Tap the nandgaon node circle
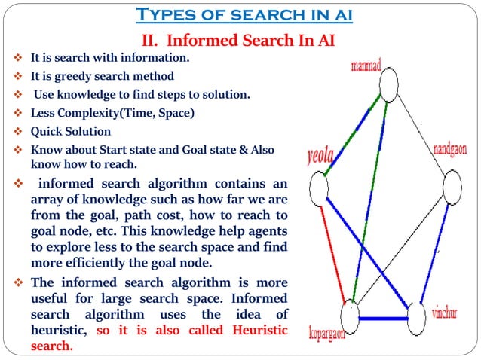451,185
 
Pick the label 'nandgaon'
449,150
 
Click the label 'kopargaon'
332,333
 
